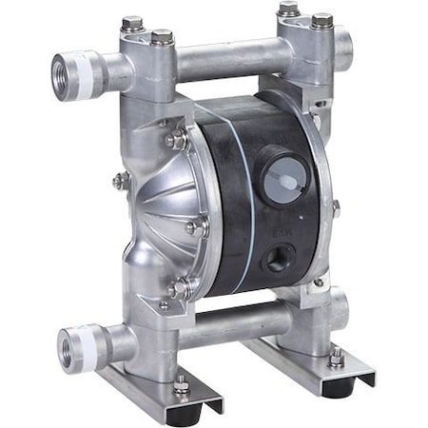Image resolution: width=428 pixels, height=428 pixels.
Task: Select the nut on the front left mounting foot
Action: [x=182, y=384]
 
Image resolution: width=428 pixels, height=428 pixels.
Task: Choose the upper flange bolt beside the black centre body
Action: [x=177, y=140]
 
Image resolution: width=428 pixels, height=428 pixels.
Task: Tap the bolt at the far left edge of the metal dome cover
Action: [x=118, y=180]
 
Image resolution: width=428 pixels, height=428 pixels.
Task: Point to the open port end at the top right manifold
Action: [x=344, y=43]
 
